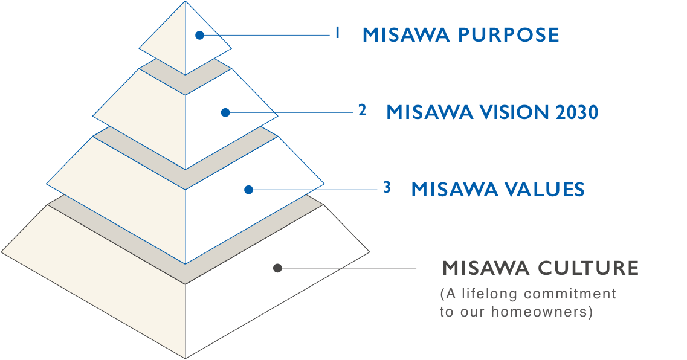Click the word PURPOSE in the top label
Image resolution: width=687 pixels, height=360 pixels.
point(509,35)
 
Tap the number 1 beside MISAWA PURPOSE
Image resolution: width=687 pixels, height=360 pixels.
point(337,33)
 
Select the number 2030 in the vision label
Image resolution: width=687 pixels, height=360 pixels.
point(576,112)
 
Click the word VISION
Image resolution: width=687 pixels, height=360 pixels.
point(515,112)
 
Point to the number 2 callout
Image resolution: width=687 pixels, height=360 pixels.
point(362,110)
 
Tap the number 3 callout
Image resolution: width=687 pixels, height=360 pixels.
point(387,187)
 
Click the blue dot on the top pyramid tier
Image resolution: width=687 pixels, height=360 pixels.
point(200,36)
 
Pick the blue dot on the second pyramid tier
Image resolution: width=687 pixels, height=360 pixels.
point(225,112)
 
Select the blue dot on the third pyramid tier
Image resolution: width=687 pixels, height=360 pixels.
point(249,190)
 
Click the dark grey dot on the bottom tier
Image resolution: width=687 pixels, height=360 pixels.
point(277,268)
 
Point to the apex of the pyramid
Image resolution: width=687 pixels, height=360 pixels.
point(185,1)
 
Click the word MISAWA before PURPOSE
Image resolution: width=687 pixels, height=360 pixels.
point(406,35)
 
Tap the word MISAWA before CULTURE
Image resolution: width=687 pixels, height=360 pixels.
point(486,268)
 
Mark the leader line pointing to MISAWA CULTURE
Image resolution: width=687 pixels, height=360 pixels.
point(347,268)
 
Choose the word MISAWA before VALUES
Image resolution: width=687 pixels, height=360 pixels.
point(455,190)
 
